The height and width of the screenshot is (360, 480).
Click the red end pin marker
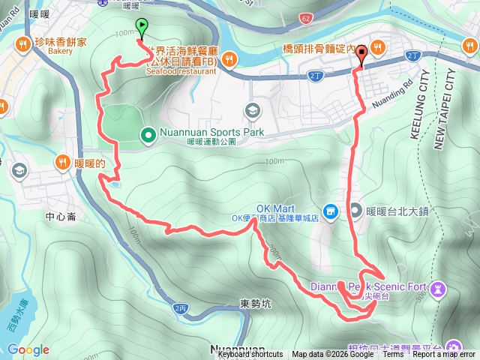pos(362,54)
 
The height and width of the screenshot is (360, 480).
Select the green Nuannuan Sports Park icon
pos(148,135)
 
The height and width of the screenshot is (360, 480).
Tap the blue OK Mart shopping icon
pos(328,211)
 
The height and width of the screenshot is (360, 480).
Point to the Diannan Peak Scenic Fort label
pos(374,286)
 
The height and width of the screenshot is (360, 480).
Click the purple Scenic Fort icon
pos(440,288)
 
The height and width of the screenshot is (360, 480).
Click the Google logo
pos(28,349)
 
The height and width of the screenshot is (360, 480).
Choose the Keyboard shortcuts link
pos(250,354)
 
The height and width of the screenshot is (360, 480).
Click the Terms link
pos(393,354)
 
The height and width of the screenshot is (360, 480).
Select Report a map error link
pos(443,354)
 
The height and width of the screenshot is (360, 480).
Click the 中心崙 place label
pos(60,217)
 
